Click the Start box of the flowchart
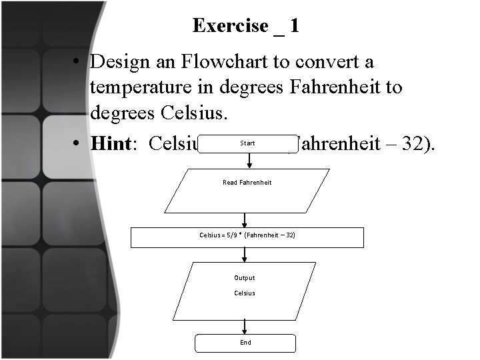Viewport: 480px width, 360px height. [247, 143]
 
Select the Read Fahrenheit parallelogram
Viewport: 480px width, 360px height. [247, 190]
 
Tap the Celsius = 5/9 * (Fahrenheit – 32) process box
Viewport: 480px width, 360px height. [247, 237]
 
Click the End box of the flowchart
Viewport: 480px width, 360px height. [245, 343]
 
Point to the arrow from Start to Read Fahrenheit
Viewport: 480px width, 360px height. [248, 160]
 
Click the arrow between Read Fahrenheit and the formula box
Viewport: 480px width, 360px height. [245, 220]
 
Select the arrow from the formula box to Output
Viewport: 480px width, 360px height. [245, 254]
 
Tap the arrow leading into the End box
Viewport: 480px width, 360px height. [245, 326]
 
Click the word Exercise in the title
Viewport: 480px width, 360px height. [230, 26]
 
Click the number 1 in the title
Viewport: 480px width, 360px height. [294, 26]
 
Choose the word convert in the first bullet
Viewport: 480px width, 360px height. [315, 62]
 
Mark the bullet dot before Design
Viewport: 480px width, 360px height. [78, 63]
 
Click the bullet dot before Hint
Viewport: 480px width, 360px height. [78, 144]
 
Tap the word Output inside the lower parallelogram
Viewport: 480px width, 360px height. [244, 278]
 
